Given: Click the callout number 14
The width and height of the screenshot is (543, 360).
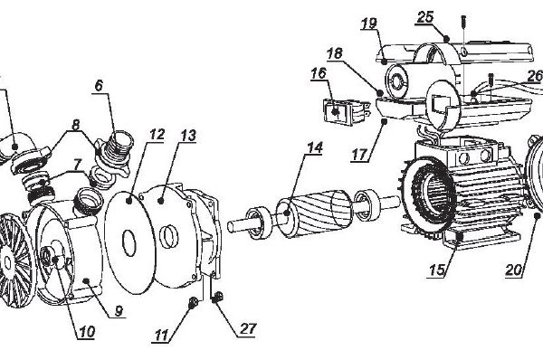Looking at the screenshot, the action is [x=315, y=147].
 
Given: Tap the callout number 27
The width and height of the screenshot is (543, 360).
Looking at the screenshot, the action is [x=248, y=328].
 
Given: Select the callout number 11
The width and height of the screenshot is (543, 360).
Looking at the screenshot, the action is [x=161, y=335].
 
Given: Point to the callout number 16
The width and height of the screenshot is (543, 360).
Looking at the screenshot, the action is [x=319, y=73].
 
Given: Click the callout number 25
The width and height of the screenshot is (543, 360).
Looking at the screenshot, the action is [x=425, y=17].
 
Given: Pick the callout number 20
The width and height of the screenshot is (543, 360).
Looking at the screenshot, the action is [x=513, y=270].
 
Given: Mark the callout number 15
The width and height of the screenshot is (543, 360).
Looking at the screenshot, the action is [x=437, y=270].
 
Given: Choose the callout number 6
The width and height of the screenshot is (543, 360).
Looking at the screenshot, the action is [x=99, y=86].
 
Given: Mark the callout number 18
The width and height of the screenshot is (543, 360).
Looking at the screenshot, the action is [x=334, y=53].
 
